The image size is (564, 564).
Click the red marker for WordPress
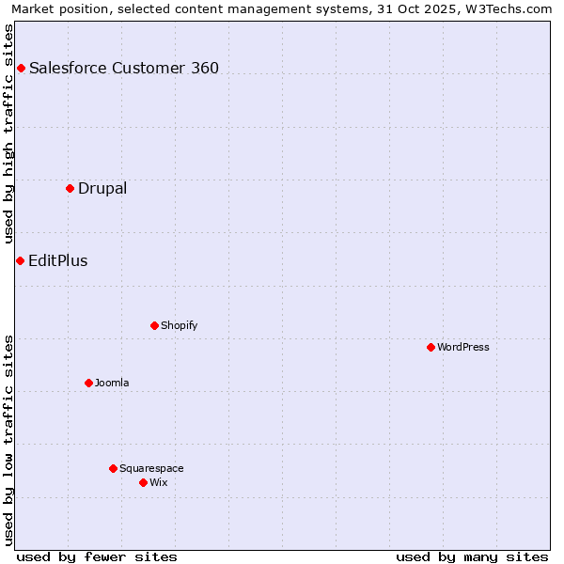coord(431,347)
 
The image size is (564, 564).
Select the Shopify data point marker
coord(154,325)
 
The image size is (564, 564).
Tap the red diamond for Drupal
coord(70,188)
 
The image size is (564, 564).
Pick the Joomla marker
coord(88,383)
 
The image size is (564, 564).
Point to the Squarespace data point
coord(113,468)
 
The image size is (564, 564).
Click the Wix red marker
coord(143,482)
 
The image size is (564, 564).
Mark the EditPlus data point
coord(20,260)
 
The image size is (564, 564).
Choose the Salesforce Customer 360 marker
coord(21,68)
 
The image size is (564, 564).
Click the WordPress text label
coord(463,347)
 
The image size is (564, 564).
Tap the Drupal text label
coord(102,188)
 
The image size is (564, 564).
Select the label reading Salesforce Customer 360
coord(124,68)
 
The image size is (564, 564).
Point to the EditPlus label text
coord(58,260)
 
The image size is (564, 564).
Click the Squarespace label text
coord(151,468)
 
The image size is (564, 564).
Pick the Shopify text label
coord(179,325)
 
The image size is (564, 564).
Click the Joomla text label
coord(112,383)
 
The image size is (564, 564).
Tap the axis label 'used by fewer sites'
coord(97,556)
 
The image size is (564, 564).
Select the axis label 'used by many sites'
coord(472,556)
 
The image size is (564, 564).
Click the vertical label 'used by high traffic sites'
coord(8,134)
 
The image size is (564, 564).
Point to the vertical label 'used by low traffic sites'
coord(8,439)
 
